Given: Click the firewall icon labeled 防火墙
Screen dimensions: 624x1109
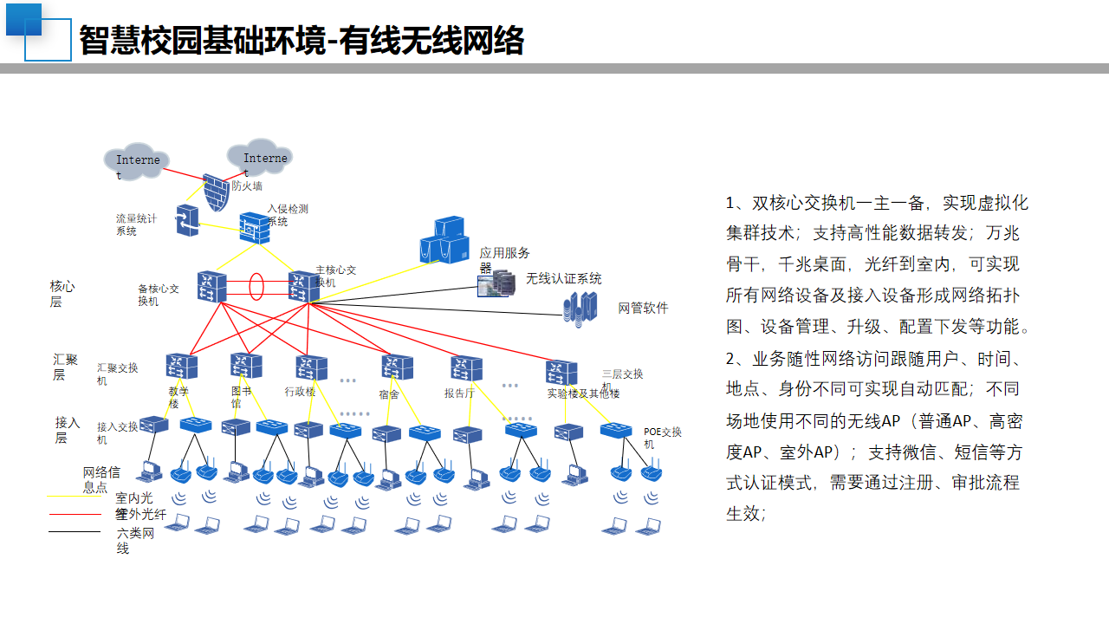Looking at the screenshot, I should [215, 192].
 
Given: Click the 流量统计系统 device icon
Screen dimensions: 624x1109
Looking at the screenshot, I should [187, 220].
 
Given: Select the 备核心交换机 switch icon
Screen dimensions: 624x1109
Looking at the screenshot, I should [211, 287].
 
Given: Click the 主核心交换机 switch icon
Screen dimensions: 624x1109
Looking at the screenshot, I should [304, 287].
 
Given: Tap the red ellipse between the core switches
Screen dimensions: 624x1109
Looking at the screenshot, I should [256, 286].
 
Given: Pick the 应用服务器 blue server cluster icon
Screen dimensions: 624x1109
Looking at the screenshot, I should [444, 240].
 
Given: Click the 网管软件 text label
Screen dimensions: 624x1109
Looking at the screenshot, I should [643, 309].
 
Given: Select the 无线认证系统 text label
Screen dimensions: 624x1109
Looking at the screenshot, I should [563, 279].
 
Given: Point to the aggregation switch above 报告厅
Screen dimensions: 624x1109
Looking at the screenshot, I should [466, 368].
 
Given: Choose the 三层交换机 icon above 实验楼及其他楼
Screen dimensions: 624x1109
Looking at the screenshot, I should [561, 373].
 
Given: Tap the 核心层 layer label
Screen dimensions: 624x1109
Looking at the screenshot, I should [62, 293].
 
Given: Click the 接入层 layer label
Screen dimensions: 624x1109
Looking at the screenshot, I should [68, 430].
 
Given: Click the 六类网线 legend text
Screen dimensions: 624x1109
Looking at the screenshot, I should [135, 541].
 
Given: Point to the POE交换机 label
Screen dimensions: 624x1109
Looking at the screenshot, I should [662, 438].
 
